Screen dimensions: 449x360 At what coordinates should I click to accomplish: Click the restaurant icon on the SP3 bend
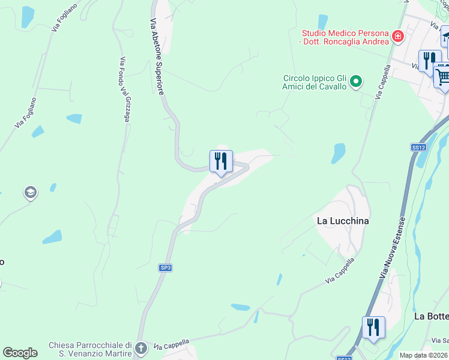(x=221, y=161)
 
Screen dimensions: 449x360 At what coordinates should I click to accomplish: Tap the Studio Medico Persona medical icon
(x=397, y=37)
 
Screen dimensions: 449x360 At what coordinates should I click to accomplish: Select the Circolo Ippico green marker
(x=356, y=80)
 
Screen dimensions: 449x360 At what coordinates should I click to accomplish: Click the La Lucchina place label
(x=343, y=221)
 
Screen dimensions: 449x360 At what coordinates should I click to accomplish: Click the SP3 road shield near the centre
(x=165, y=268)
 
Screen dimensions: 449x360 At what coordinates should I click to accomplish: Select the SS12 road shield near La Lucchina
(x=418, y=147)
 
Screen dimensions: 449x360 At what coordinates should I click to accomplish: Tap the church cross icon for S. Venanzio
(x=140, y=348)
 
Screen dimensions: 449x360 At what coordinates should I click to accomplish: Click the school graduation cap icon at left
(x=30, y=193)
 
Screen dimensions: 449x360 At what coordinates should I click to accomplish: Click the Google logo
(x=20, y=353)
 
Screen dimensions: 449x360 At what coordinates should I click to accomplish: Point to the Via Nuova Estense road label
(x=394, y=247)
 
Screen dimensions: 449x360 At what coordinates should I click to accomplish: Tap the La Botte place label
(x=431, y=316)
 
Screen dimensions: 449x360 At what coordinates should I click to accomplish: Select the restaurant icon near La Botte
(x=373, y=328)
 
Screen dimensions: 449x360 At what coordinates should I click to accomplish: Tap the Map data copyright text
(x=424, y=355)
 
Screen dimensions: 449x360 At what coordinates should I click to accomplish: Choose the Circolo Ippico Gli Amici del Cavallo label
(x=315, y=82)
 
